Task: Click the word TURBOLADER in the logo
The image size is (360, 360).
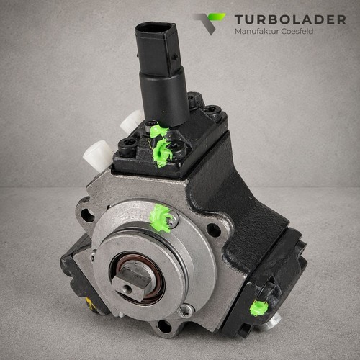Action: [x=290, y=19]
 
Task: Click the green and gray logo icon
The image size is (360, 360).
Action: [x=210, y=24]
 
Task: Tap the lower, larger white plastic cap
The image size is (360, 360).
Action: [x=97, y=155]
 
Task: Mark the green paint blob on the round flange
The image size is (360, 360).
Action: [x=160, y=218]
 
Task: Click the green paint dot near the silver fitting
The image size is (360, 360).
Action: [x=258, y=308]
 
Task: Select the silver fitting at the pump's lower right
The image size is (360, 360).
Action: [x=273, y=323]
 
